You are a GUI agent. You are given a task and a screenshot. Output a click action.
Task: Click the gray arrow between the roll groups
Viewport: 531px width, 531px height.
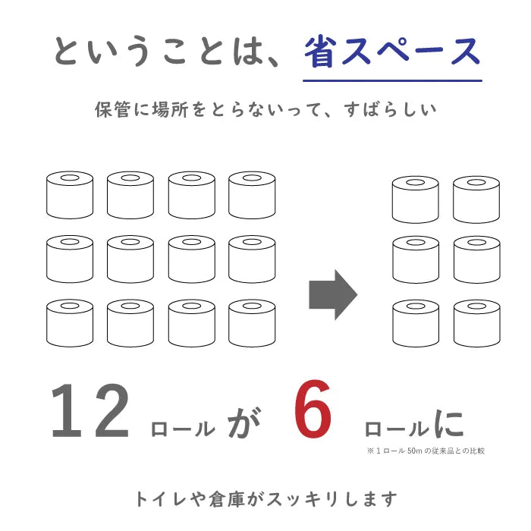pyautogui.click(x=333, y=294)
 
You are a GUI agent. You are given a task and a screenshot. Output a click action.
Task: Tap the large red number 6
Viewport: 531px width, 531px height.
pyautogui.click(x=313, y=409)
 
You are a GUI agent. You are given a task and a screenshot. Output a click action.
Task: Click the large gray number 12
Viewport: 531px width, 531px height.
pyautogui.click(x=90, y=410)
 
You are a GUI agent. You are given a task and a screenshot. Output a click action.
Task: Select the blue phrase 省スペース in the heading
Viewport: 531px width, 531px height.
pyautogui.click(x=392, y=52)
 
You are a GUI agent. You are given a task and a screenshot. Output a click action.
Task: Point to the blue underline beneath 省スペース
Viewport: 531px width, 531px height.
pyautogui.click(x=392, y=80)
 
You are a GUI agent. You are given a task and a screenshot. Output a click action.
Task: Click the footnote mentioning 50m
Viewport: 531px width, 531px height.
pyautogui.click(x=426, y=451)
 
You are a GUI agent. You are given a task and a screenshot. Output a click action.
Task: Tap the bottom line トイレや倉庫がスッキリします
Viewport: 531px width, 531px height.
pyautogui.click(x=265, y=499)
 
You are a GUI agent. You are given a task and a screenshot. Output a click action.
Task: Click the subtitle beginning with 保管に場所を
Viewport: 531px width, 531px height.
pyautogui.click(x=265, y=109)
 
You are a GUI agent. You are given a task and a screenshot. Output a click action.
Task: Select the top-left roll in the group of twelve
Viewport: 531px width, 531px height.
pyautogui.click(x=70, y=195)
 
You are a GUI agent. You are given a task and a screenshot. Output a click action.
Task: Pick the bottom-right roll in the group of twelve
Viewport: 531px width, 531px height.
pyautogui.click(x=252, y=323)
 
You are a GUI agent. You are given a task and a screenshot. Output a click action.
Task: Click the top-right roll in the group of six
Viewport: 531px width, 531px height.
pyautogui.click(x=476, y=200)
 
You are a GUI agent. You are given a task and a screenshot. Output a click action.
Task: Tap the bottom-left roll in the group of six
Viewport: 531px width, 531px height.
pyautogui.click(x=416, y=323)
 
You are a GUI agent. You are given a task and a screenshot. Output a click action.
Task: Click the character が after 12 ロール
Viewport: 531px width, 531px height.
pyautogui.click(x=244, y=423)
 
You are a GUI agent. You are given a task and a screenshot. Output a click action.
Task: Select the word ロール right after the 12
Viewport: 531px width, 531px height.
pyautogui.click(x=183, y=429)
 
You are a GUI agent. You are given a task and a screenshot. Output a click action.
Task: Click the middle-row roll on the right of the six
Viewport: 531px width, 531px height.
pyautogui.click(x=477, y=259)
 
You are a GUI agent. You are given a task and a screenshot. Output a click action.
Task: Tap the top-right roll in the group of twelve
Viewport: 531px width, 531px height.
pyautogui.click(x=252, y=195)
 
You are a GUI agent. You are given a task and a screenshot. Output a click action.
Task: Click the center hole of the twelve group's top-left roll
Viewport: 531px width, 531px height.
pyautogui.click(x=70, y=178)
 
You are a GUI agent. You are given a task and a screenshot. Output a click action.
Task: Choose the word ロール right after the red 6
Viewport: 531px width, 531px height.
pyautogui.click(x=397, y=429)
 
